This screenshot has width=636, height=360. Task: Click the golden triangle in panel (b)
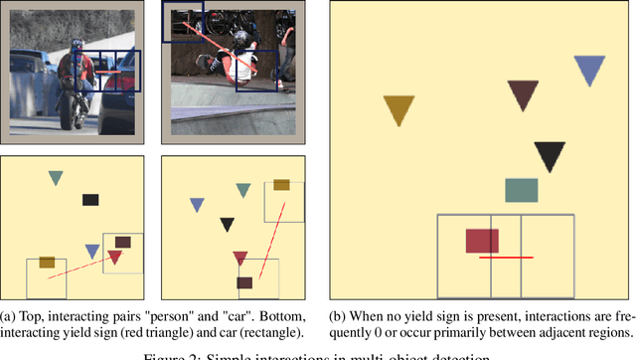(x=398, y=108)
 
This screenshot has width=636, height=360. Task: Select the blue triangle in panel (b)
(x=589, y=70)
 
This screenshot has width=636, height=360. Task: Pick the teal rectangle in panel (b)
(x=522, y=190)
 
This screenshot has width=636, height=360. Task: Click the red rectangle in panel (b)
(x=482, y=241)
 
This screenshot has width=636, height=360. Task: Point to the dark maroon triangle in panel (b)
(x=523, y=94)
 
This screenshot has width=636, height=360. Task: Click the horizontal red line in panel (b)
(x=506, y=258)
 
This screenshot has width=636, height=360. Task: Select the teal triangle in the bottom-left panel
(x=56, y=177)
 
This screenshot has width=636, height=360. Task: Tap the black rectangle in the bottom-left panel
(x=90, y=200)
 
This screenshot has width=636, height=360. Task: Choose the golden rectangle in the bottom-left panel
(x=46, y=263)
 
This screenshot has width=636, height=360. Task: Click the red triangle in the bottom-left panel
(x=114, y=258)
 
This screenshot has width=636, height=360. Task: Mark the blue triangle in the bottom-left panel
(x=92, y=251)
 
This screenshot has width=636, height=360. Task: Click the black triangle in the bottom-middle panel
(x=228, y=225)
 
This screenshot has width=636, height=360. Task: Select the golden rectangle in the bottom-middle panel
(x=282, y=185)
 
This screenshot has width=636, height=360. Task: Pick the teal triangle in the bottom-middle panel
(x=242, y=189)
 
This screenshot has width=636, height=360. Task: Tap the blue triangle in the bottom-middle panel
(x=197, y=205)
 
